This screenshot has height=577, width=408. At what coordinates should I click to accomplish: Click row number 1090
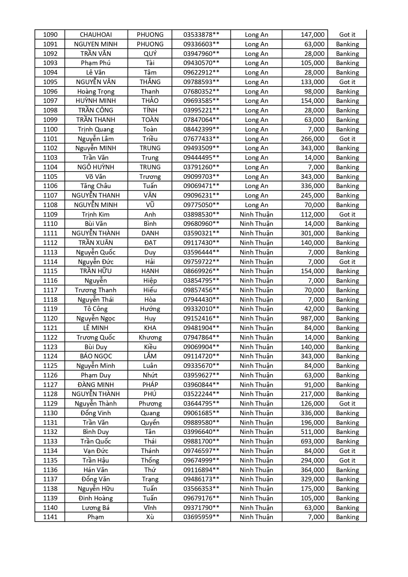50,35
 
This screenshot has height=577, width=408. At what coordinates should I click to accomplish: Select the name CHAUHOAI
96,35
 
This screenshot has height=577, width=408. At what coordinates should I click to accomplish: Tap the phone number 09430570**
201,63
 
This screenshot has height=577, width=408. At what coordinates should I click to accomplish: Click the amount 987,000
312,318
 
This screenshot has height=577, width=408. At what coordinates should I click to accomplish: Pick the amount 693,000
312,441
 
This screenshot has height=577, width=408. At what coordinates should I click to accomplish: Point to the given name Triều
150,139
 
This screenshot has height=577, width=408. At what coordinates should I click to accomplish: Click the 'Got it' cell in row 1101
347,139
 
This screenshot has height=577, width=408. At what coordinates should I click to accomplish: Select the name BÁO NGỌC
96,356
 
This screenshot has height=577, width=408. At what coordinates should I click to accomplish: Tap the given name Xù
150,517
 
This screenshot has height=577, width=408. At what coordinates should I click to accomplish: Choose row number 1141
50,517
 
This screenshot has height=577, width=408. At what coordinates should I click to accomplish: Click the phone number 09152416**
201,318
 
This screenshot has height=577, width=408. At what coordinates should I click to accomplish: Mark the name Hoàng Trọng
96,91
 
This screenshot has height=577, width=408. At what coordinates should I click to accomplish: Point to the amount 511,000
312,432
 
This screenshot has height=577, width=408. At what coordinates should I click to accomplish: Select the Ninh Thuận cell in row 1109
256,214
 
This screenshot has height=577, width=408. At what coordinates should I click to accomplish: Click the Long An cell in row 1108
256,205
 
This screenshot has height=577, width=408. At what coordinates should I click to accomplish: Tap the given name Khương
150,337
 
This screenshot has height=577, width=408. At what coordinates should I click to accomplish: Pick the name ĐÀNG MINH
96,385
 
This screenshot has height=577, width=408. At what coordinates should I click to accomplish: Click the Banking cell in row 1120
347,318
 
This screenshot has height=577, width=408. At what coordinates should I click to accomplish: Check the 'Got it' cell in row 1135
347,460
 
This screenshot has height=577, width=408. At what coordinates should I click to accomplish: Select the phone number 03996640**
201,432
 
